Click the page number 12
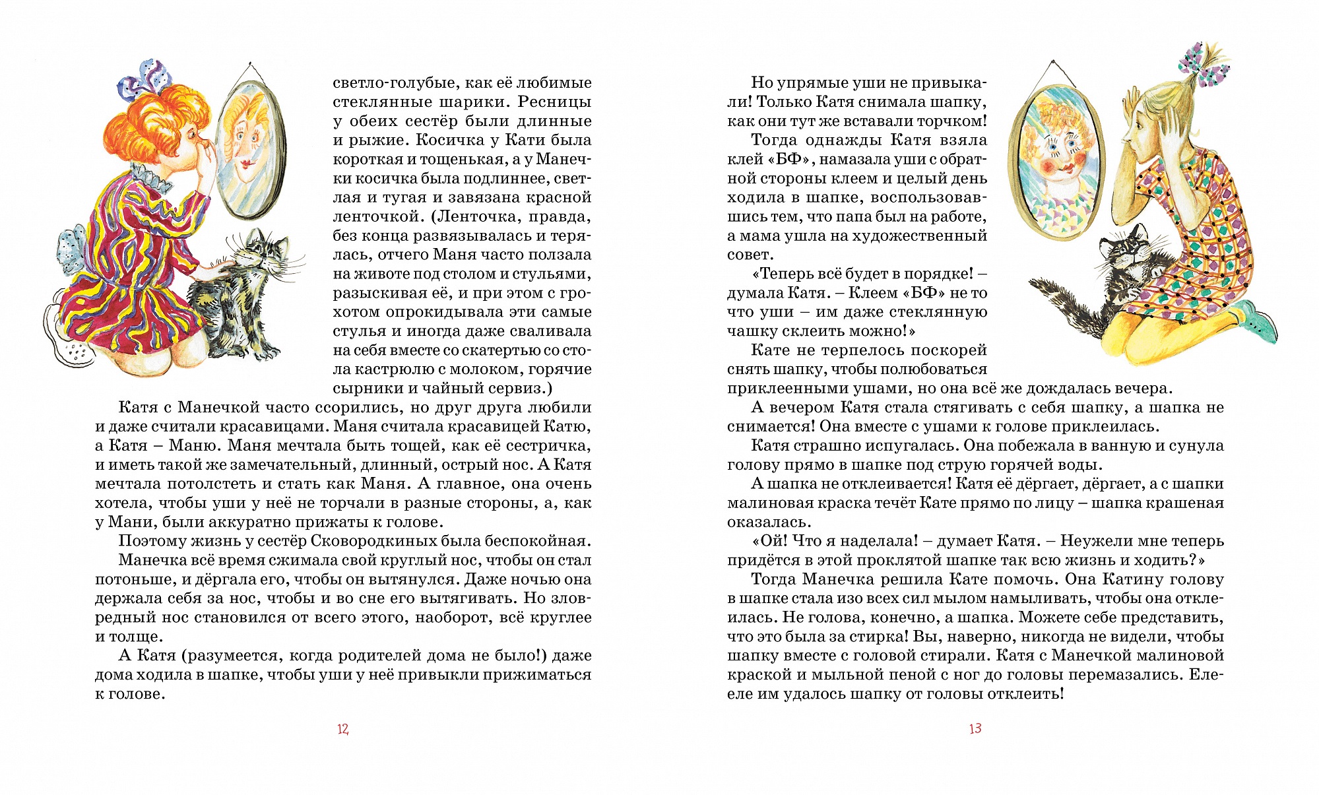coord(342,729)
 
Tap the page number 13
coord(975,728)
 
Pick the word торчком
coord(951,121)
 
